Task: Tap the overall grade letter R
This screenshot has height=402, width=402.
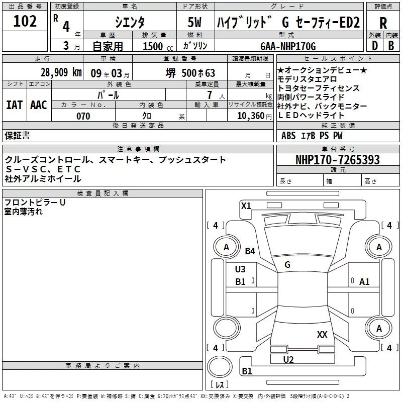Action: [383, 23]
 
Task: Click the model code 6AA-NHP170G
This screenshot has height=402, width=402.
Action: [288, 46]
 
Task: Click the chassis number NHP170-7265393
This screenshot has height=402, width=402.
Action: [337, 160]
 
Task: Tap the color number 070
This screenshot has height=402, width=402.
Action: [83, 116]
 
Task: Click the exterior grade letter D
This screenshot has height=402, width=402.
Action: [374, 46]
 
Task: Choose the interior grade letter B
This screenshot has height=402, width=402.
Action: [391, 46]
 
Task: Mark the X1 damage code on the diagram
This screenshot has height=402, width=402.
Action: [246, 206]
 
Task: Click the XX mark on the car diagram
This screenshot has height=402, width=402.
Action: [322, 334]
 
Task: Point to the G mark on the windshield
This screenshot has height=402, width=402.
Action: [287, 264]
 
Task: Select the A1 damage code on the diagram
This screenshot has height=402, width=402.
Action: [364, 282]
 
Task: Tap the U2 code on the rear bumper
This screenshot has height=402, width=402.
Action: [288, 359]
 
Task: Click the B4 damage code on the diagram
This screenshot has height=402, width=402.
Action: [250, 251]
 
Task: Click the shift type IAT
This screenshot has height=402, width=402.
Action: [15, 105]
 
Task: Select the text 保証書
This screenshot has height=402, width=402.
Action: [17, 135]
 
